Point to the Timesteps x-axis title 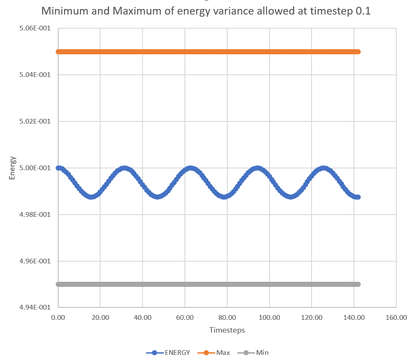(227, 330)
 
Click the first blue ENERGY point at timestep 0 (58, 168)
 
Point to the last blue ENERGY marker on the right (358, 197)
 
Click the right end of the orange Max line (359, 52)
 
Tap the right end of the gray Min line (359, 284)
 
